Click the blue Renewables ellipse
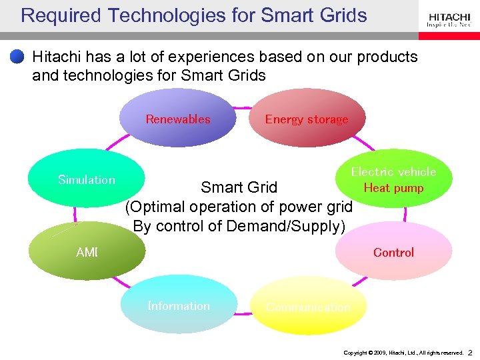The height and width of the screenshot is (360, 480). tap(177, 119)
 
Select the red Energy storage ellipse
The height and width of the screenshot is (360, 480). tap(307, 119)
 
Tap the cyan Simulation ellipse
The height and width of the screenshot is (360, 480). tap(87, 179)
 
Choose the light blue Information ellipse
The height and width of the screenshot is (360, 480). tap(179, 305)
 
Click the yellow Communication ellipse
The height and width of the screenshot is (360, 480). tap(308, 306)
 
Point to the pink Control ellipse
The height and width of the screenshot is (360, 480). tap(393, 251)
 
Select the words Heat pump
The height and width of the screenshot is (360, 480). tap(393, 188)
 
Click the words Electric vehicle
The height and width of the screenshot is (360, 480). tap(393, 171)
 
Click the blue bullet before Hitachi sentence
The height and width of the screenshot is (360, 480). tap(17, 57)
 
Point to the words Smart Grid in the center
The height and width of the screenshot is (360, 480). tap(239, 187)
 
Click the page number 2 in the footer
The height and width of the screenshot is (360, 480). tap(470, 352)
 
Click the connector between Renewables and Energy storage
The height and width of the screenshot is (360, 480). tap(243, 107)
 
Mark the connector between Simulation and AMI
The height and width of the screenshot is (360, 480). tap(75, 213)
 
